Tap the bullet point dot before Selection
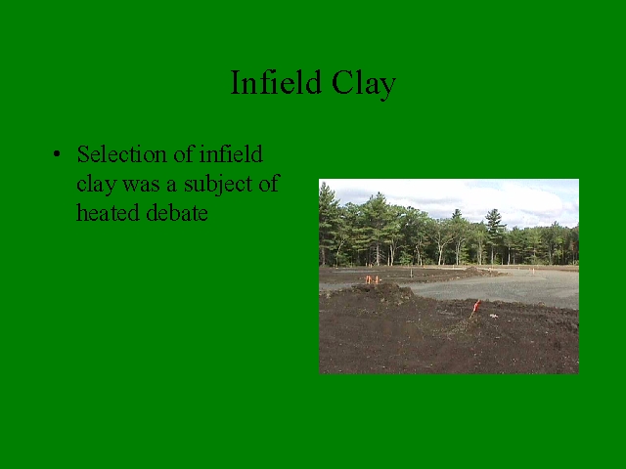point(57,154)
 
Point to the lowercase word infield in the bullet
point(231,154)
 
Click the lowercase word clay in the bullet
point(96,184)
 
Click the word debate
point(177,213)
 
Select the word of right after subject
point(268,184)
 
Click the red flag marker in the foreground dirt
point(475,308)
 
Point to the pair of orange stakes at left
point(372,279)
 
